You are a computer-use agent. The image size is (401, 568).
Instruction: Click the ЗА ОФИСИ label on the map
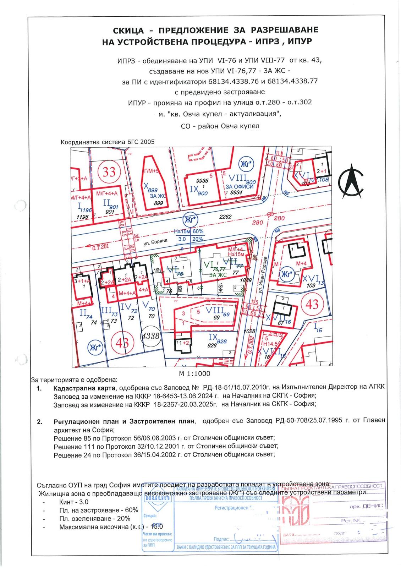click(x=240, y=187)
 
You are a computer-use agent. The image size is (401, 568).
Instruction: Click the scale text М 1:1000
click(x=194, y=373)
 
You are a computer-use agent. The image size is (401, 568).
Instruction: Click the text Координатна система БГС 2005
click(x=108, y=142)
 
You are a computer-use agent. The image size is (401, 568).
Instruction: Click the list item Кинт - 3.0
click(x=74, y=502)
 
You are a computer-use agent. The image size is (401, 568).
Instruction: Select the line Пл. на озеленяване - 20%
click(x=94, y=518)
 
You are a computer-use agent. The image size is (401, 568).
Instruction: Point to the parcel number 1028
click(x=249, y=331)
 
